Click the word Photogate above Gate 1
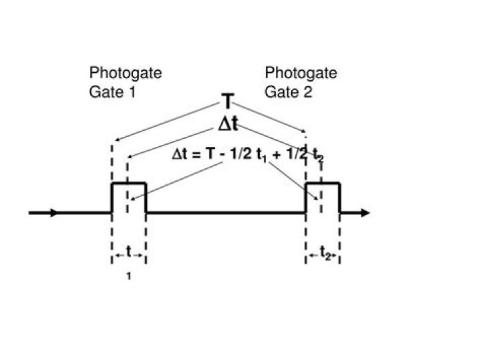(126, 73)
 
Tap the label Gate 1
(112, 92)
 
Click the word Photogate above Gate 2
(301, 73)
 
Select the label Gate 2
(288, 92)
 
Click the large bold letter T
(228, 102)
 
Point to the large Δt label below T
(228, 124)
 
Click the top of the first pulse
(128, 182)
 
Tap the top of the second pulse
(323, 182)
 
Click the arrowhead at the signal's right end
(363, 213)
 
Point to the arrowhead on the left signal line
(53, 213)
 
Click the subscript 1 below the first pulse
(128, 274)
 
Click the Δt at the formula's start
(181, 155)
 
